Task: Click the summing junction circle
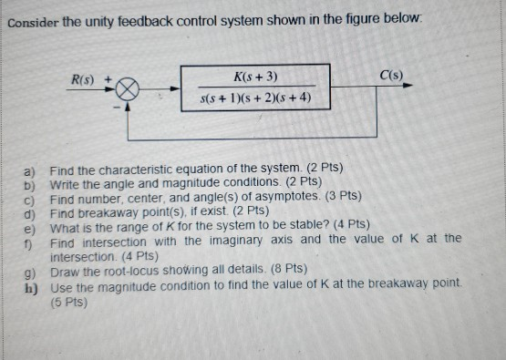(129, 90)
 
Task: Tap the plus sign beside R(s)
(112, 78)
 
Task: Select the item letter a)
(28, 170)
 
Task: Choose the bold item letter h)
(28, 284)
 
